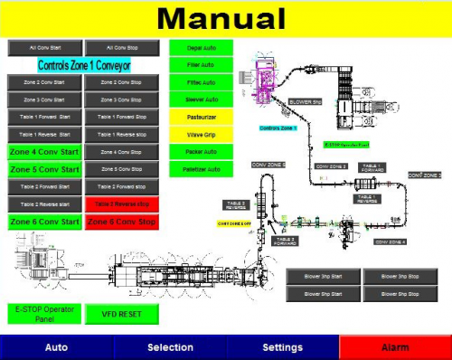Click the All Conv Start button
coord(45,48)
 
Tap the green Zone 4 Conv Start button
coord(45,152)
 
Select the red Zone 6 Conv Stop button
coord(122,222)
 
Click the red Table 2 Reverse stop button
coord(122,204)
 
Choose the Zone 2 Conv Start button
coord(45,82)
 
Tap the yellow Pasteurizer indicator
coord(201,117)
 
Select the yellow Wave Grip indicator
coord(201,134)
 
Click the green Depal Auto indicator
coord(201,47)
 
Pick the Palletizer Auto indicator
coord(201,169)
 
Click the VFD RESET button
coord(122,314)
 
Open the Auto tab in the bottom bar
coord(56,347)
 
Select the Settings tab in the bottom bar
coord(282,347)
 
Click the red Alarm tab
coord(395,347)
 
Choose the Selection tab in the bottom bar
coord(170,347)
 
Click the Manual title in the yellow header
coord(226,18)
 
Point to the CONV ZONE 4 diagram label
coord(391,242)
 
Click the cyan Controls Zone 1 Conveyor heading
coord(84,65)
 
